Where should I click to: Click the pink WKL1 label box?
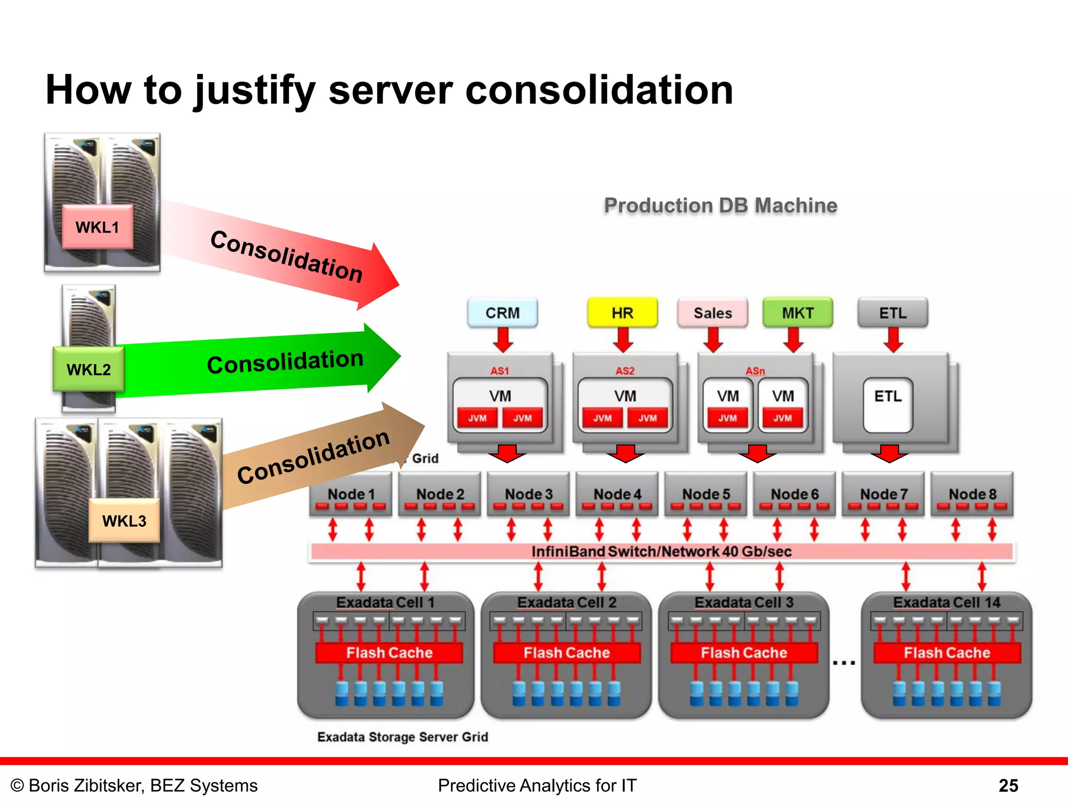pyautogui.click(x=98, y=227)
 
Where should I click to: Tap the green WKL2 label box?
pyautogui.click(x=89, y=369)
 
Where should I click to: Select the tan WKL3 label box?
pyautogui.click(x=124, y=520)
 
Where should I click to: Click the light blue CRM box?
pyautogui.click(x=502, y=313)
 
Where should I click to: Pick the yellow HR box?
pyautogui.click(x=622, y=313)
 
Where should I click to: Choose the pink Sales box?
pyautogui.click(x=712, y=313)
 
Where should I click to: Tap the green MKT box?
pyautogui.click(x=797, y=313)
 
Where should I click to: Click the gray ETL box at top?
pyautogui.click(x=893, y=313)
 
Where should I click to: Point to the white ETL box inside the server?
pyautogui.click(x=888, y=404)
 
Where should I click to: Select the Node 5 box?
pyautogui.click(x=706, y=494)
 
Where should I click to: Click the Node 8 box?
pyautogui.click(x=972, y=494)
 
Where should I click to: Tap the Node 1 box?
pyautogui.click(x=350, y=494)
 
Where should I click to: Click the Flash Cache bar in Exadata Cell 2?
pyautogui.click(x=566, y=653)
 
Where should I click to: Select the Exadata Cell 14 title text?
pyautogui.click(x=946, y=602)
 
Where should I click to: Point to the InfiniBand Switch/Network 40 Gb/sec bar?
pyautogui.click(x=661, y=552)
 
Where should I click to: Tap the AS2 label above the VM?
pyautogui.click(x=625, y=371)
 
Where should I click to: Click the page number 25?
pyautogui.click(x=1008, y=785)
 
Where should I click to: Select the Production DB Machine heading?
pyautogui.click(x=720, y=205)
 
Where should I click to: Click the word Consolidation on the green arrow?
pyautogui.click(x=285, y=362)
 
